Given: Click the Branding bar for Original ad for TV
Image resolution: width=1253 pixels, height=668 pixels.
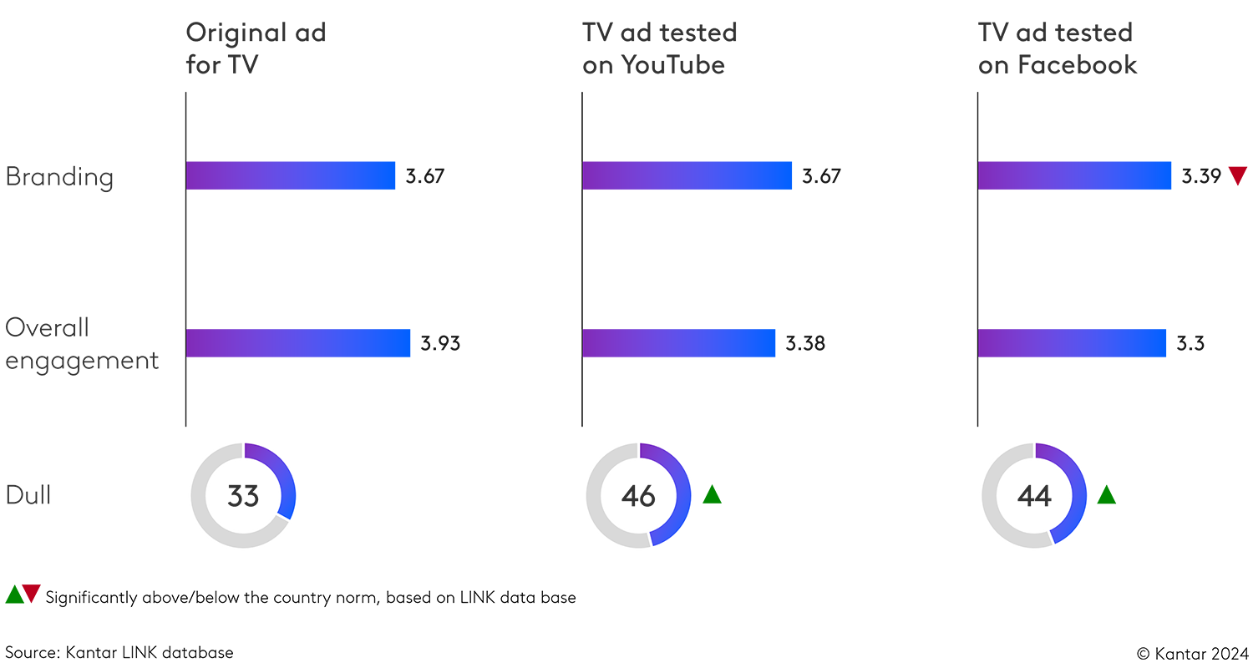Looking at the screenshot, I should click(290, 175).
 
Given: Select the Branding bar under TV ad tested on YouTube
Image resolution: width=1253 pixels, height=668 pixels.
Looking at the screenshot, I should click(687, 175).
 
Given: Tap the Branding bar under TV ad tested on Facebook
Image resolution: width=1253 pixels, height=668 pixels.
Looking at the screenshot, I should click(1074, 175).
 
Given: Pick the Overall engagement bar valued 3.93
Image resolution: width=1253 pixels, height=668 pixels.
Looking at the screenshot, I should click(297, 343).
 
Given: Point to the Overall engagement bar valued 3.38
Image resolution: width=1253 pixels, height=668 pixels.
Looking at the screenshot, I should click(678, 343).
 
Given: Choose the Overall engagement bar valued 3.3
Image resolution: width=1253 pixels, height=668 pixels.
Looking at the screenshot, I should click(1072, 343).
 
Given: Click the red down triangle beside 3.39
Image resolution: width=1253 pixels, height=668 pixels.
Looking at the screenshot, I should click(1238, 175).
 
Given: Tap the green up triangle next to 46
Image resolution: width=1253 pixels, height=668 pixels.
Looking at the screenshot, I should click(712, 494).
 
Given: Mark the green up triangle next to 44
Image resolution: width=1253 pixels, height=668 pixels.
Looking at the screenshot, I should click(1106, 494).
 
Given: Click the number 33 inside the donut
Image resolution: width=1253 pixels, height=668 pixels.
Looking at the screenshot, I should click(243, 496).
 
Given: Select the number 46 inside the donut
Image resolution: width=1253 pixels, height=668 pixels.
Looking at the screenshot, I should click(638, 496).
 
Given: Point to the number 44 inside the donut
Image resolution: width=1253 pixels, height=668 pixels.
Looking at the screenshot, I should click(1034, 496).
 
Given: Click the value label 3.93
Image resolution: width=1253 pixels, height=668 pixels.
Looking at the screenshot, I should click(440, 343).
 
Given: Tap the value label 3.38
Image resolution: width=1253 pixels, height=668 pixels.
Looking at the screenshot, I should click(805, 343).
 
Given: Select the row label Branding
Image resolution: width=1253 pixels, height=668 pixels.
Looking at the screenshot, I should click(58, 177).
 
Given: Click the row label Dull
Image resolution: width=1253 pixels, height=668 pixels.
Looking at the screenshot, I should click(28, 495).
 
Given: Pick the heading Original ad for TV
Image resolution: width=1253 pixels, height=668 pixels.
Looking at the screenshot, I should click(256, 48).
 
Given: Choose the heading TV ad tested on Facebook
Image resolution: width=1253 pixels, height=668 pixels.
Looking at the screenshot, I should click(1058, 48).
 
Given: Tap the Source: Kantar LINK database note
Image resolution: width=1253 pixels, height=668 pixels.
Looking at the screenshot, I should click(119, 652).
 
